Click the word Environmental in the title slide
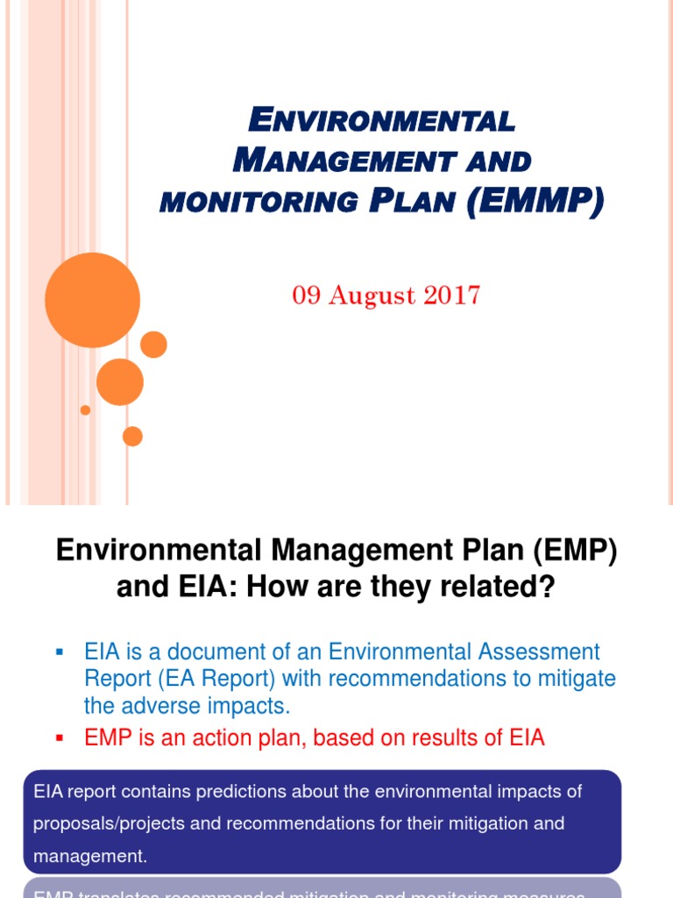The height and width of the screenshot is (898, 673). pyautogui.click(x=382, y=120)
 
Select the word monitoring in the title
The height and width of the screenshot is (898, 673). pyautogui.click(x=258, y=202)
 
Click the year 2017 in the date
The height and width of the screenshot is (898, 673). pyautogui.click(x=449, y=295)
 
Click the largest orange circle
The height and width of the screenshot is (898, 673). pyautogui.click(x=92, y=300)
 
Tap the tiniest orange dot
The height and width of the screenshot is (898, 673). pyautogui.click(x=85, y=410)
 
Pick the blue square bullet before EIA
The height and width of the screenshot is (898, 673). pyautogui.click(x=60, y=652)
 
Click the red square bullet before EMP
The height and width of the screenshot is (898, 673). pyautogui.click(x=60, y=738)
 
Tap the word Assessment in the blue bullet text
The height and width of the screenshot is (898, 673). pyautogui.click(x=536, y=652)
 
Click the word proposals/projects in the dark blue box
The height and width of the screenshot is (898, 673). pyautogui.click(x=103, y=824)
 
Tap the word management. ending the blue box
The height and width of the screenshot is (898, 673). pyautogui.click(x=90, y=857)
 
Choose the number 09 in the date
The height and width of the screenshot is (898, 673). pyautogui.click(x=306, y=295)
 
